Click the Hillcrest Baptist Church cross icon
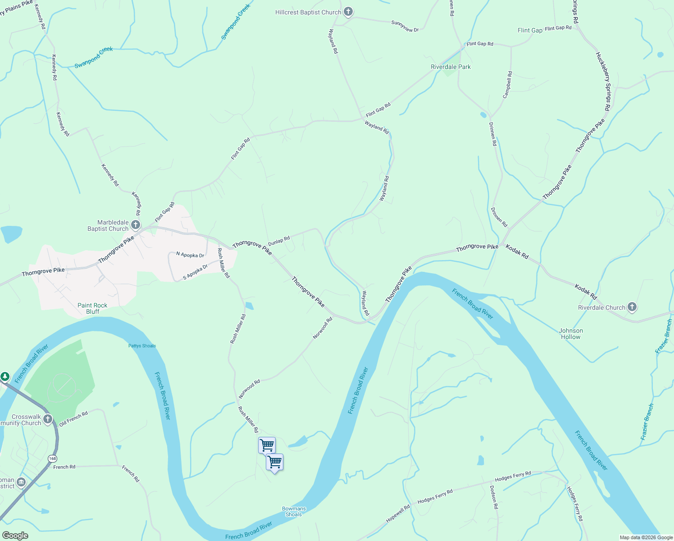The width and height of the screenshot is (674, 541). (348, 12)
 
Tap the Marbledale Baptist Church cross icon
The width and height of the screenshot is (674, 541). (136, 225)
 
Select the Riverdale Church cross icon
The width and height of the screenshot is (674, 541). (632, 307)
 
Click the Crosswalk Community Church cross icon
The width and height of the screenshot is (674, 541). (48, 419)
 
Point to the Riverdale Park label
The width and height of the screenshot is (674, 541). (451, 67)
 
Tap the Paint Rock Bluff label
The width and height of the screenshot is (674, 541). (92, 308)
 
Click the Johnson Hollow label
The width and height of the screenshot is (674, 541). (571, 334)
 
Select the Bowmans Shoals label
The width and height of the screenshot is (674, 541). (294, 511)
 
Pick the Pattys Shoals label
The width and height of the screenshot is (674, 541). (142, 346)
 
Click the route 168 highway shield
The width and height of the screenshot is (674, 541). (53, 458)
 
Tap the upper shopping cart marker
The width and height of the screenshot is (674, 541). (267, 445)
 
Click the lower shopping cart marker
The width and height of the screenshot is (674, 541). (274, 462)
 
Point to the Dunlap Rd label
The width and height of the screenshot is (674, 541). (279, 241)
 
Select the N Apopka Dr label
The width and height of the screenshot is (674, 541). (190, 255)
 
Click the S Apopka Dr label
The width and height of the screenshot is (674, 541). (195, 272)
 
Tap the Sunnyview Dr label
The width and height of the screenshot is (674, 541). (405, 27)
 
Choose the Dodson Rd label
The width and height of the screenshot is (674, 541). (494, 497)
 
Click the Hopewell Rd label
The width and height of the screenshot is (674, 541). (398, 513)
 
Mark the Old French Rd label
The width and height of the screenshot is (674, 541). (73, 418)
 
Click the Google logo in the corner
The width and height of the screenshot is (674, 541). (15, 535)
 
